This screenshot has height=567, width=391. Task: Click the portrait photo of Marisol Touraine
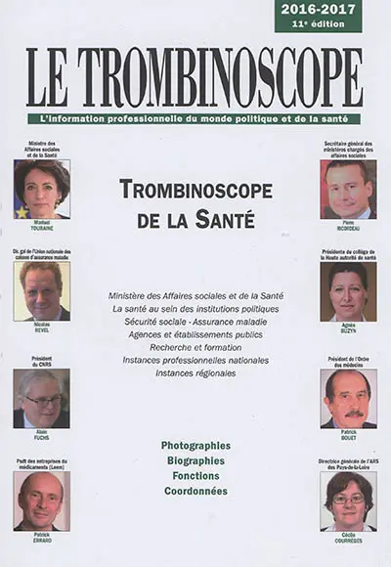point(41,189)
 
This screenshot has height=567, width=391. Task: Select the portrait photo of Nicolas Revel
point(41,290)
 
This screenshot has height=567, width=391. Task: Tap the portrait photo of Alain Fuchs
point(41,398)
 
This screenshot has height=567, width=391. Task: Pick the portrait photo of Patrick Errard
point(41,500)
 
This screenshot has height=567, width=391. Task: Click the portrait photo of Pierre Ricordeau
point(348,189)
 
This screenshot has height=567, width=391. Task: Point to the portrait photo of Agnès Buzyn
point(348,291)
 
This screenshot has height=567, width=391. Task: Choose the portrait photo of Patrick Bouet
point(348,398)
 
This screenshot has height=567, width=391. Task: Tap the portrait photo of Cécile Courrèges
point(348,500)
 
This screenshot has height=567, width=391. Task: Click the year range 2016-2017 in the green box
point(318,9)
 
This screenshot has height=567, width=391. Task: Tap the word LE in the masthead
point(48,77)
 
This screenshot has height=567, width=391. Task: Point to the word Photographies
point(196,444)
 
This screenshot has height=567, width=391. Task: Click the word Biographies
point(195,459)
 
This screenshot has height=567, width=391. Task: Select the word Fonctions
point(195,475)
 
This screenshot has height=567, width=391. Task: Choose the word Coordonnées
point(195,491)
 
